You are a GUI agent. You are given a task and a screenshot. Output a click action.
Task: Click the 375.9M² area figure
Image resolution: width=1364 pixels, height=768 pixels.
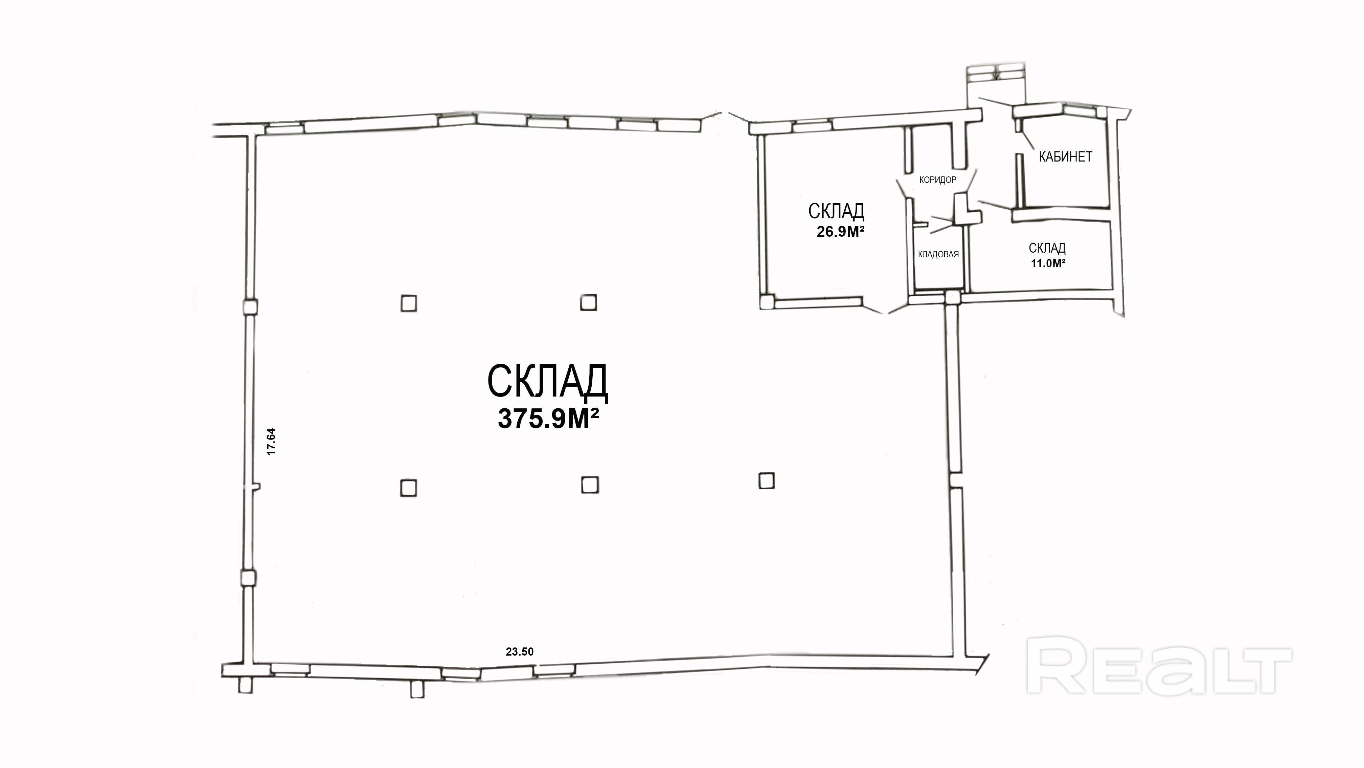click(548, 419)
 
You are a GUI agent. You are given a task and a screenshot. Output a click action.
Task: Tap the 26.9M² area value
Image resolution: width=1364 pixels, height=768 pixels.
click(840, 232)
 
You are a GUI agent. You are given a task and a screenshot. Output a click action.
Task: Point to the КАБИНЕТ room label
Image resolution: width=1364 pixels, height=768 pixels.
click(1065, 157)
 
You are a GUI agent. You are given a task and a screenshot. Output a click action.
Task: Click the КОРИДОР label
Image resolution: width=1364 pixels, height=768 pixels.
click(938, 180)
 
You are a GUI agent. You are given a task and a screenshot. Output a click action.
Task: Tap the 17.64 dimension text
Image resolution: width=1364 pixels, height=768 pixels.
click(271, 442)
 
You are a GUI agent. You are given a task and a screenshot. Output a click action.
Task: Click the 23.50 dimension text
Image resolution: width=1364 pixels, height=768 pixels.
click(519, 652)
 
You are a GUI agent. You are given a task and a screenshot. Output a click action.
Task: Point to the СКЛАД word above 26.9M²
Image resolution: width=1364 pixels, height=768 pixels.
click(836, 212)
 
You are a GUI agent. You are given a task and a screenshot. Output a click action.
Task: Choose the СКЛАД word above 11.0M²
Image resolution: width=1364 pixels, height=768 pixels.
click(1047, 248)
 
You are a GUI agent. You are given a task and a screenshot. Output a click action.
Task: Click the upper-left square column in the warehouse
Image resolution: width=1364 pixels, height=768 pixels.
click(408, 304)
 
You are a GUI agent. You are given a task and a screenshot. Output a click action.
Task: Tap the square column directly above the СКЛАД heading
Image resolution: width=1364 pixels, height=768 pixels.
click(588, 303)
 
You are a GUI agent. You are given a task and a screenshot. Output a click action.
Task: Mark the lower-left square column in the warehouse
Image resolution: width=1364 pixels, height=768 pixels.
click(408, 488)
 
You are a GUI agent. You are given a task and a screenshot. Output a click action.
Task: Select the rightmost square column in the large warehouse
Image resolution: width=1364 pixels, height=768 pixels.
click(766, 481)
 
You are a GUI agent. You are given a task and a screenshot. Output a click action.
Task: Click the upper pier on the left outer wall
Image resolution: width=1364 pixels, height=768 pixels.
click(249, 307)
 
